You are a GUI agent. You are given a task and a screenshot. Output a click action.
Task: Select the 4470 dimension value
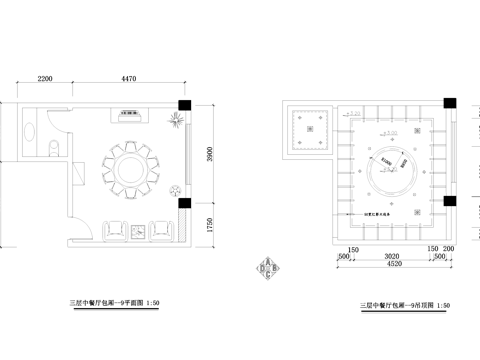[123, 78]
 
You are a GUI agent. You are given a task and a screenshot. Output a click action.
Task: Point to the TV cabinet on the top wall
[127, 114]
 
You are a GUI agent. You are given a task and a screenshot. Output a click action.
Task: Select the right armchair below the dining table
[160, 231]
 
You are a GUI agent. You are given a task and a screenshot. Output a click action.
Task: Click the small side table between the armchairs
[137, 234]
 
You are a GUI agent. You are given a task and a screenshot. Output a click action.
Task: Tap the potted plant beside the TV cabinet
[176, 118]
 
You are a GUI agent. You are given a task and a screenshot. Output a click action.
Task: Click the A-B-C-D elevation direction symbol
[268, 268]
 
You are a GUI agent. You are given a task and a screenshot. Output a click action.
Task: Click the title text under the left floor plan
[114, 301]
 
